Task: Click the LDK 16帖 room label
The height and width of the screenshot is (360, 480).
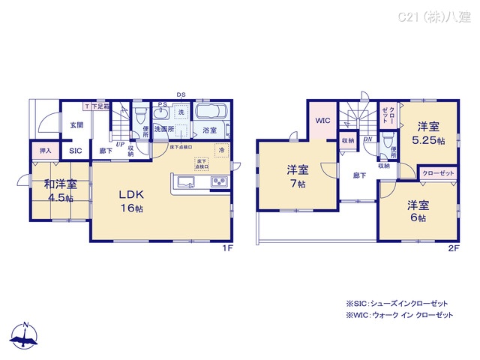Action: click(130, 200)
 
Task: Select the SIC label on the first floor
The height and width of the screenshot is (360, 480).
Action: click(76, 151)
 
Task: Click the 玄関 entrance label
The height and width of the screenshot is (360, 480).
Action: click(76, 125)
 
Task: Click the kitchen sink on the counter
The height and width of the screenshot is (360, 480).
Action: click(186, 181)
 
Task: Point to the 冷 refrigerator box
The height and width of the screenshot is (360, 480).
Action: click(222, 150)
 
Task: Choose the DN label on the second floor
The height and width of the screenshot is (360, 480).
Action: click(368, 139)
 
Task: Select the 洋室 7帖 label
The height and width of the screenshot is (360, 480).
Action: click(297, 175)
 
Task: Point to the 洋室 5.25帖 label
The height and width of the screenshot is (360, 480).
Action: click(428, 133)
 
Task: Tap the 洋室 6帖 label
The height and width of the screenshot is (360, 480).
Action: click(417, 211)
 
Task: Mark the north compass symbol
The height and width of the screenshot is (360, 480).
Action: click(25, 338)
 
